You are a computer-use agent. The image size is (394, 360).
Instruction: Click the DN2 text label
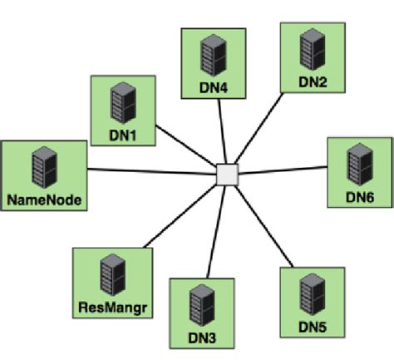[x=313, y=81]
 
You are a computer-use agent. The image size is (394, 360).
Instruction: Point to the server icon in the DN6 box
[x=359, y=163]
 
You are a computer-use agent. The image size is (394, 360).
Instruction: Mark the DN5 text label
[x=313, y=327]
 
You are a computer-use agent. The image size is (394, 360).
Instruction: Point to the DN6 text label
[x=359, y=197]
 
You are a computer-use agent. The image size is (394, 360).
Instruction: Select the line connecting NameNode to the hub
[x=150, y=172]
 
